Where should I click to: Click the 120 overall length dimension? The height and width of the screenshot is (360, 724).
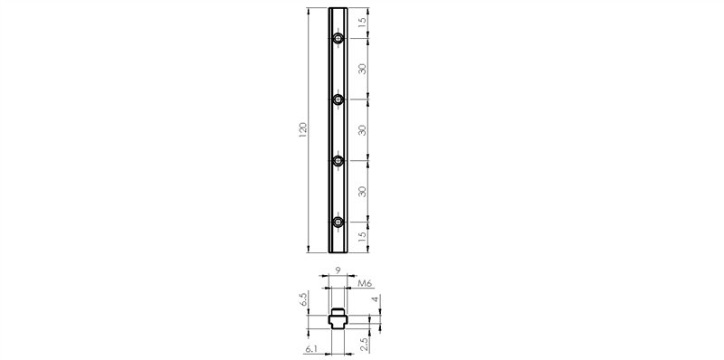point(303,130)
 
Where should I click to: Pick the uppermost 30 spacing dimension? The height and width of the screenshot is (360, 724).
point(362,68)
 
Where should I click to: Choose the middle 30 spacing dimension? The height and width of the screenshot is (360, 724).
point(362,129)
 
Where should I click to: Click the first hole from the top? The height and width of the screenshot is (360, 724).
point(338,39)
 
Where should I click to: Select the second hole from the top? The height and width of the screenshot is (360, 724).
point(338,99)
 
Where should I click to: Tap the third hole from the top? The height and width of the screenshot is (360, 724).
point(338,161)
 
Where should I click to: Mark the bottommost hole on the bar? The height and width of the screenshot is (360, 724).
point(338,223)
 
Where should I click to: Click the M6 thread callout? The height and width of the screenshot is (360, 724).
point(367,284)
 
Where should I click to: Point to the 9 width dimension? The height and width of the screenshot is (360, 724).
point(338,270)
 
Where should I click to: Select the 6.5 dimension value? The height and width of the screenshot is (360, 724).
point(304,298)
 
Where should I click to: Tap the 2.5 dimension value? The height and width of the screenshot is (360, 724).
point(364,345)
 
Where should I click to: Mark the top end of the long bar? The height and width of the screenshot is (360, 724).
point(338,11)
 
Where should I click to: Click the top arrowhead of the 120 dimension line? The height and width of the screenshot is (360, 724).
point(308,12)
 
